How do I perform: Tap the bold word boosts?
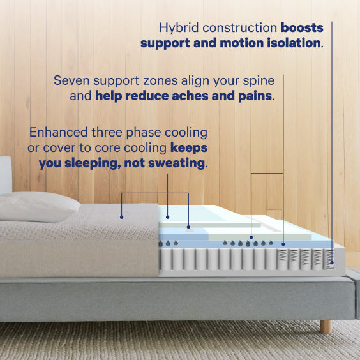point(303,28)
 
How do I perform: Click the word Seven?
point(72,81)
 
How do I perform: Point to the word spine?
point(259,81)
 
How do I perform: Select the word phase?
point(148,133)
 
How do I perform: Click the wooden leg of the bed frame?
point(326,326)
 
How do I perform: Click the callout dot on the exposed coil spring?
point(333,262)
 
